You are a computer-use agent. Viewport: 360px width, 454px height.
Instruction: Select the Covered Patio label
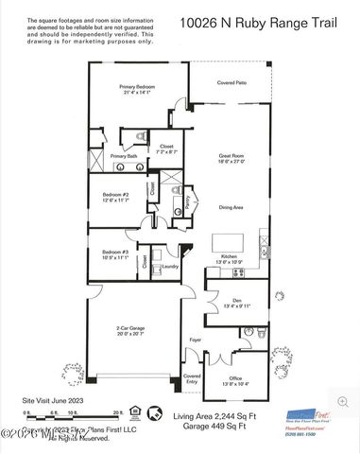click(232, 83)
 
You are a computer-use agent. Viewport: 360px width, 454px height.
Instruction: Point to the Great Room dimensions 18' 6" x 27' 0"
click(231, 162)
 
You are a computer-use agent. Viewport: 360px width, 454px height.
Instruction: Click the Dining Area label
click(232, 206)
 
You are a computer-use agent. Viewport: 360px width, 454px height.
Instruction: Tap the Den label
click(237, 301)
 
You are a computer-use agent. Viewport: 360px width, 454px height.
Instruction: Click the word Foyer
click(196, 339)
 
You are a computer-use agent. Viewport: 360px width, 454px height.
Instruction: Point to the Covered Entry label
click(192, 377)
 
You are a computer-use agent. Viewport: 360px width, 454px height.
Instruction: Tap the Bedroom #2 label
click(117, 195)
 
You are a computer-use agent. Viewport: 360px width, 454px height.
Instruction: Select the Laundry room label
click(170, 267)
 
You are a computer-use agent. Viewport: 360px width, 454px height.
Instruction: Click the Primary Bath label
click(124, 156)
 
